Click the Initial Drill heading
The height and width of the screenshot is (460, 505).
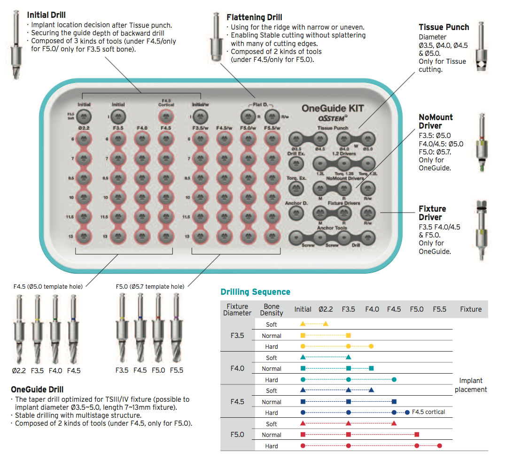pos(47,15)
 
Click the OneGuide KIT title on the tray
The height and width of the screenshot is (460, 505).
pos(332,107)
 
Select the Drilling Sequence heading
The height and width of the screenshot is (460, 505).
pos(255,292)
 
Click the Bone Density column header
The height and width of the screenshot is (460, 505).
pos(272,309)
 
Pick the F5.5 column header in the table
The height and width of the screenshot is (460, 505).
pos(439,309)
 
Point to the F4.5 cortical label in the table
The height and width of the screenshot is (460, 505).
pos(428,412)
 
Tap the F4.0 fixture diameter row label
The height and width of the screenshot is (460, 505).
pos(237,368)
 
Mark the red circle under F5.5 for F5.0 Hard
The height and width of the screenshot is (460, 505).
pos(439,445)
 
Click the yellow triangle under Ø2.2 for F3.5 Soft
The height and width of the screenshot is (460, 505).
pos(326,324)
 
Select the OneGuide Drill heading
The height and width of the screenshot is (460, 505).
pos(37,390)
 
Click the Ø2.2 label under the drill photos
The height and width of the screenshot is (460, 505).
pos(20,370)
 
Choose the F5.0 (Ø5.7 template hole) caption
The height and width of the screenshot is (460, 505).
pos(150,286)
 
